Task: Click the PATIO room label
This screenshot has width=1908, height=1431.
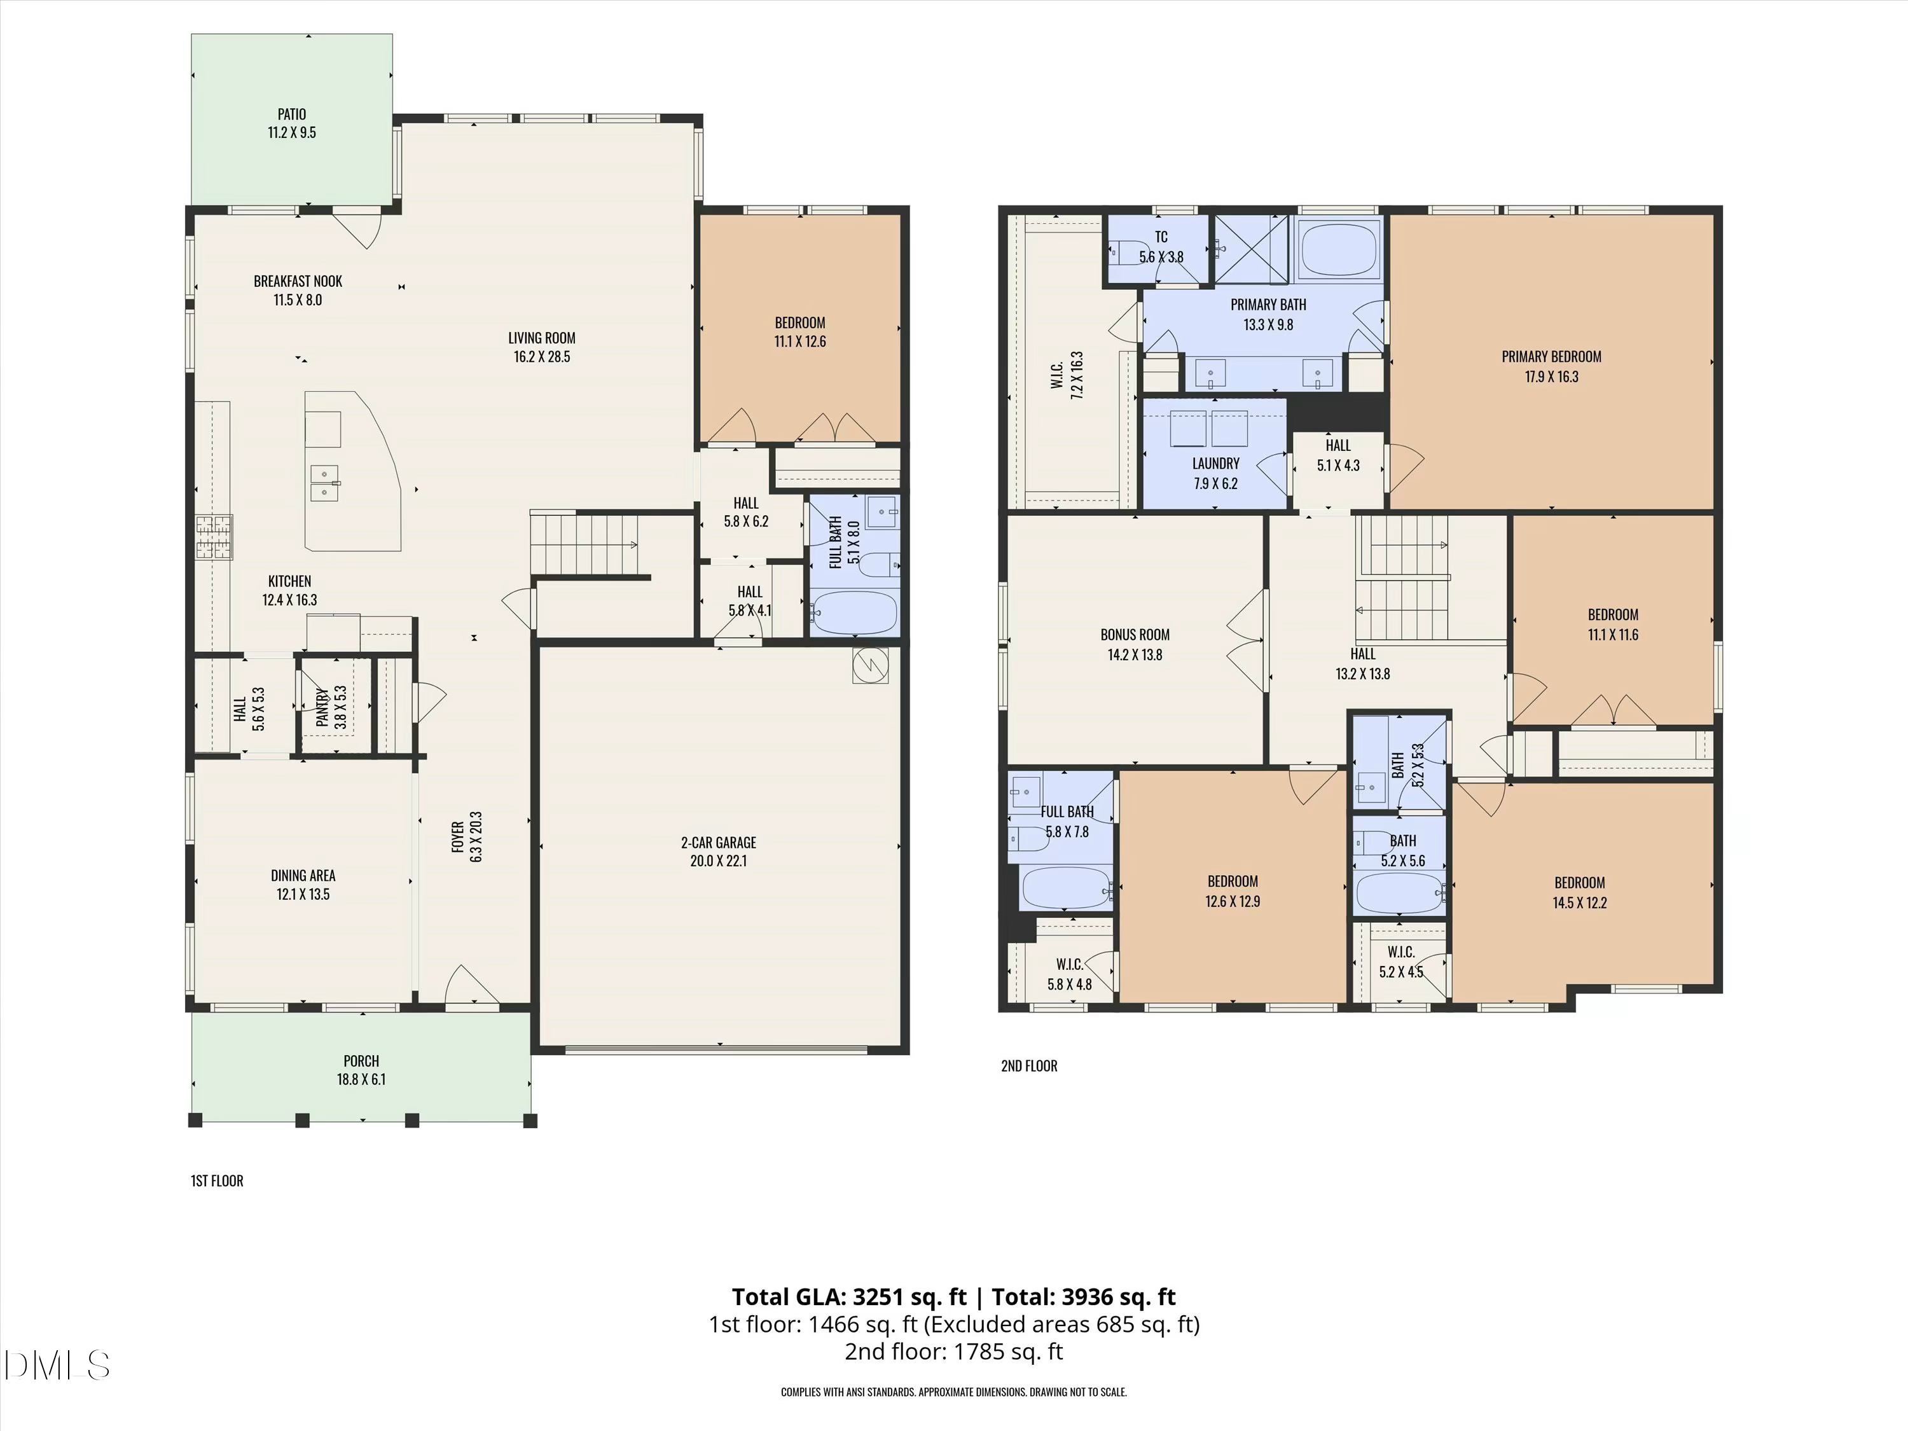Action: tap(291, 114)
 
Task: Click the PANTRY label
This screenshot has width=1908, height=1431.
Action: tap(322, 707)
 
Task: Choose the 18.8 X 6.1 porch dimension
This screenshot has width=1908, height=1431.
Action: tap(361, 1079)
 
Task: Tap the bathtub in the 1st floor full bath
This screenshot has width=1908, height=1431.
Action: tap(854, 613)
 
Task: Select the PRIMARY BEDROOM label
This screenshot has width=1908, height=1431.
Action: tap(1551, 356)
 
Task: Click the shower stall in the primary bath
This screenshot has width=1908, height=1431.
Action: tap(1251, 249)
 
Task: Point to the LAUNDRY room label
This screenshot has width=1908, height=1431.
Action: tap(1215, 463)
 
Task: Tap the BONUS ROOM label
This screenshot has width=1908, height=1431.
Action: tap(1134, 634)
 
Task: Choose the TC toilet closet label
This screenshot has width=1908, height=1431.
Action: tap(1161, 237)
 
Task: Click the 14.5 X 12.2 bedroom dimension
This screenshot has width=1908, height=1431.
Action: tap(1579, 902)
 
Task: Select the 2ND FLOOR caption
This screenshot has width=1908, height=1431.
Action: tap(1028, 1066)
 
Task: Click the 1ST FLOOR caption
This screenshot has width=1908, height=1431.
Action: tap(216, 1181)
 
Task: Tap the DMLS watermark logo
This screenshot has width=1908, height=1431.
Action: tap(56, 1365)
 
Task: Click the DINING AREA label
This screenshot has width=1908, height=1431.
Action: tap(303, 876)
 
